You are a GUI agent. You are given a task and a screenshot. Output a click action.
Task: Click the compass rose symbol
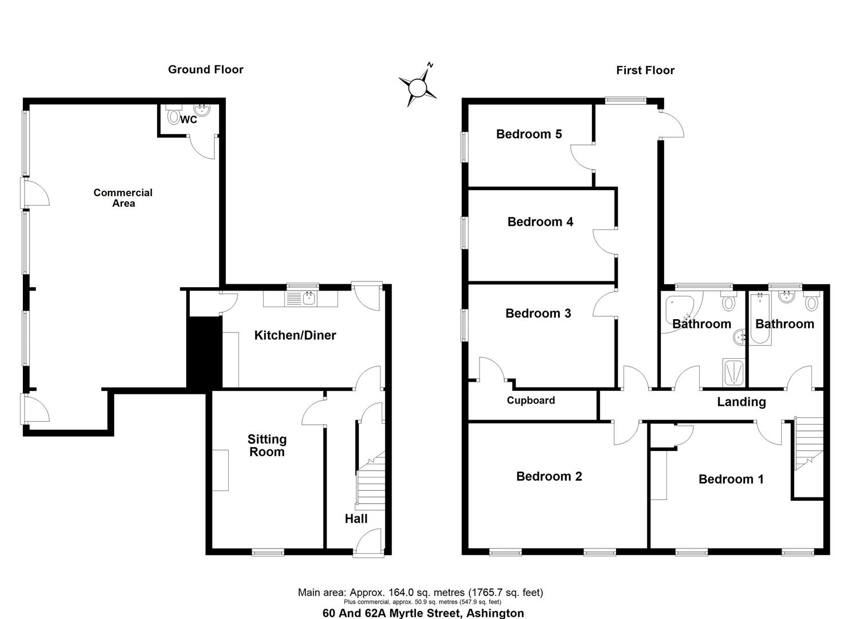pyautogui.click(x=418, y=88)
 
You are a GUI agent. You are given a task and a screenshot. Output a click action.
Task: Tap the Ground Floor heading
pyautogui.click(x=206, y=69)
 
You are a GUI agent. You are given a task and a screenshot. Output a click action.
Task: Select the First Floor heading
pyautogui.click(x=645, y=70)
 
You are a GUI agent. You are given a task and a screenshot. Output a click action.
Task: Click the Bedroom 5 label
pyautogui.click(x=528, y=134)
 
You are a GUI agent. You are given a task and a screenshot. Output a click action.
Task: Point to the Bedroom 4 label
pyautogui.click(x=540, y=222)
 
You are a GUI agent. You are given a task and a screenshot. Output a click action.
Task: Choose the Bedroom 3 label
pyautogui.click(x=538, y=313)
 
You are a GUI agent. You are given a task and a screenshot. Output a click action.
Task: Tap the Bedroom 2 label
pyautogui.click(x=549, y=476)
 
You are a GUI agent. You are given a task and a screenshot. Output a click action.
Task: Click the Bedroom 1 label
pyautogui.click(x=731, y=479)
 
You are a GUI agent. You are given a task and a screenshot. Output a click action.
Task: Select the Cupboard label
pyautogui.click(x=531, y=401)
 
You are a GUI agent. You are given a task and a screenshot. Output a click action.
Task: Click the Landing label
pyautogui.click(x=741, y=402)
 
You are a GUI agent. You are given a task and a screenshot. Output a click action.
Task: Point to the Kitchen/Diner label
pyautogui.click(x=295, y=335)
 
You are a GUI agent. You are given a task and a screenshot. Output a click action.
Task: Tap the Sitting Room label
pyautogui.click(x=267, y=445)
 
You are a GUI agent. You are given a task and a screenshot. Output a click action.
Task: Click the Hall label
pyautogui.click(x=356, y=519)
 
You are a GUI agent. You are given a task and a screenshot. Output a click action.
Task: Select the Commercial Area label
pyautogui.click(x=123, y=198)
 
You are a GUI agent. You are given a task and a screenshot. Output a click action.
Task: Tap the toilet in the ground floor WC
pyautogui.click(x=173, y=116)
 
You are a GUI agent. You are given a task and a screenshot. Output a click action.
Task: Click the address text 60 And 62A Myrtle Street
pyautogui.click(x=423, y=613)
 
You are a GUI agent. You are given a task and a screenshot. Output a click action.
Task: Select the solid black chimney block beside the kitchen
pyautogui.click(x=205, y=352)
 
